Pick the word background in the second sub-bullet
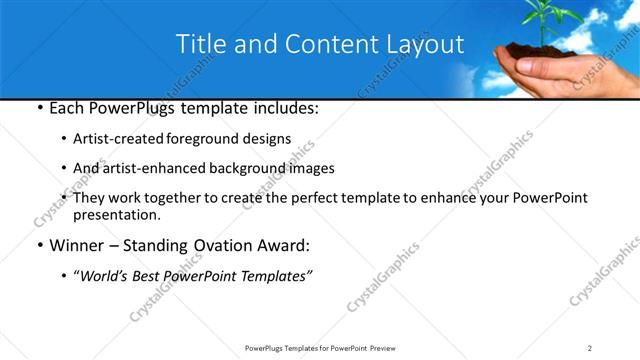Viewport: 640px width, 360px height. click(x=250, y=169)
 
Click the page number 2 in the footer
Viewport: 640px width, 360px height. click(x=590, y=347)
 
